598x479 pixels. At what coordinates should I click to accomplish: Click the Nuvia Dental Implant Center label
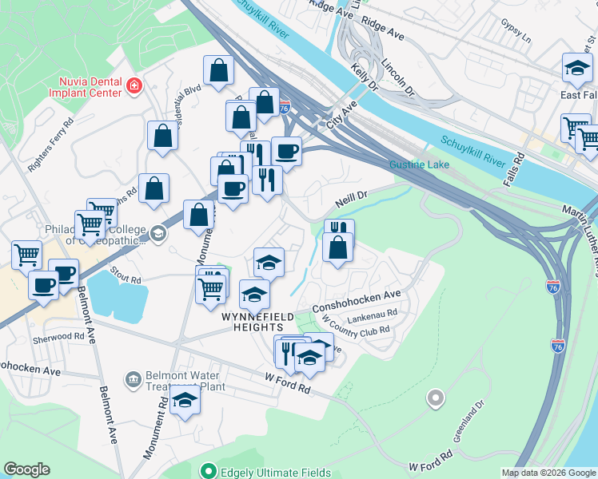tap(90, 86)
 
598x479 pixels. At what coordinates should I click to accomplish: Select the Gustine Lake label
tap(419, 165)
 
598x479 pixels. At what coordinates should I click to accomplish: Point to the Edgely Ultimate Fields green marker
tap(209, 473)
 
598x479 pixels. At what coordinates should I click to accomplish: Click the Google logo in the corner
tap(26, 469)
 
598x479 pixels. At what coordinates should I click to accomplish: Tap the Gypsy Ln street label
tap(516, 32)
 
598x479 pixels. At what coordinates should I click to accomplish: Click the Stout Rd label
tap(126, 276)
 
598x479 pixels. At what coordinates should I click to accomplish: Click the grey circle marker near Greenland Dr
tap(435, 397)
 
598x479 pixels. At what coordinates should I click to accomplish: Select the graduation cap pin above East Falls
tap(576, 69)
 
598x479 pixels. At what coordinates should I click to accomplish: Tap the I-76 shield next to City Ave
tap(283, 105)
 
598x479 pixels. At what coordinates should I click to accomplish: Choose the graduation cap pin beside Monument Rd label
tap(185, 402)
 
